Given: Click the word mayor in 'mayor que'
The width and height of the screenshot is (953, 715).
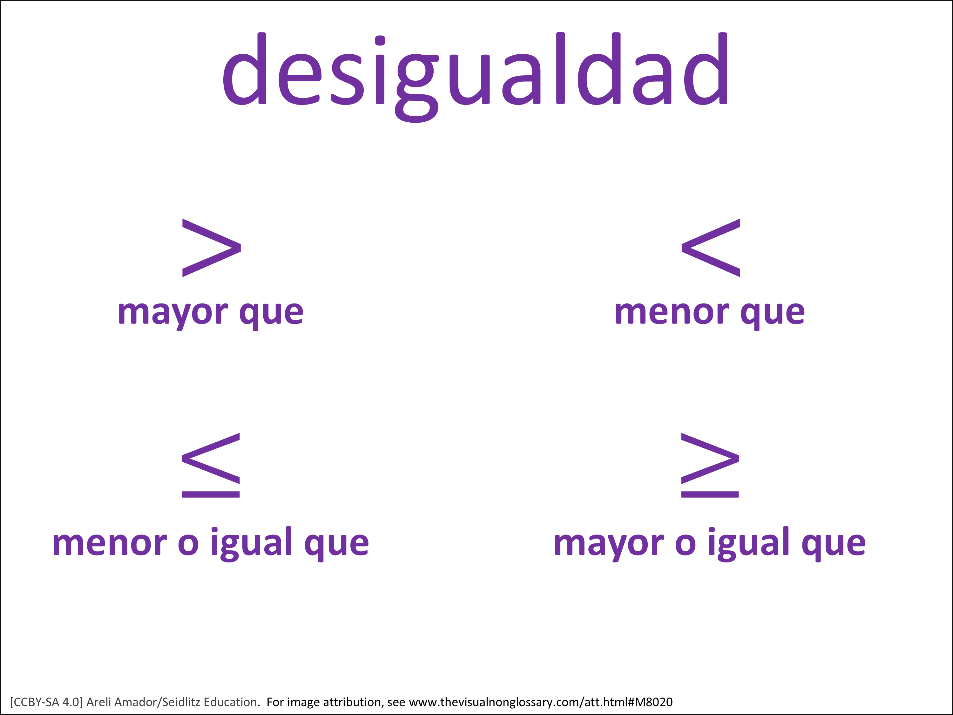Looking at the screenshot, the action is [172, 314].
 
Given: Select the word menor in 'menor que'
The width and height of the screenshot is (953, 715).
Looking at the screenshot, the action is [672, 312].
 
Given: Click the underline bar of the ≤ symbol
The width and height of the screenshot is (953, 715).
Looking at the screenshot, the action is [211, 494].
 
